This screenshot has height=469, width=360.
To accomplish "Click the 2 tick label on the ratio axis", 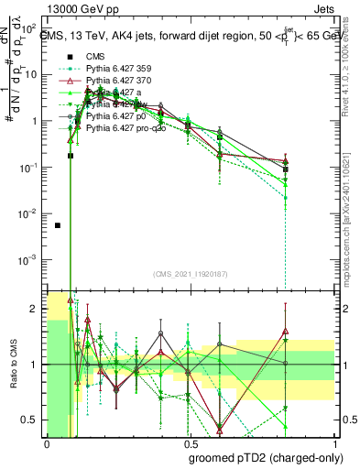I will (x=36, y=310).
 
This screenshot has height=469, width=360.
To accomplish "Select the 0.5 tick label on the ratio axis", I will (x=32, y=420).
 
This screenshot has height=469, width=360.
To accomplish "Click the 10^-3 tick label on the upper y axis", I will (x=28, y=260).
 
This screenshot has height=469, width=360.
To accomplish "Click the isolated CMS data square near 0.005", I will (x=58, y=225).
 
